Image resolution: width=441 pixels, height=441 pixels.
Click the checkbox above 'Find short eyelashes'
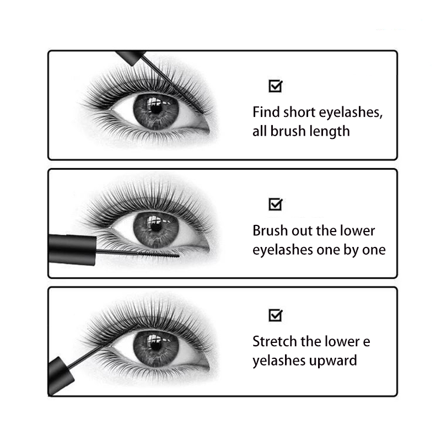coord(275,86)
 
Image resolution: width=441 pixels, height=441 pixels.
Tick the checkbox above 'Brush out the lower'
coord(275,205)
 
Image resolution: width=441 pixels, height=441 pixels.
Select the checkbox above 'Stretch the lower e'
coord(275,315)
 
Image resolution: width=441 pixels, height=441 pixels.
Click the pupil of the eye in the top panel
coord(156,107)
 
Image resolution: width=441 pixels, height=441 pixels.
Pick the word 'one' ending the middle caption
coord(373,250)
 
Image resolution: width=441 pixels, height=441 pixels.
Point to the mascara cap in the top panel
coord(131,56)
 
